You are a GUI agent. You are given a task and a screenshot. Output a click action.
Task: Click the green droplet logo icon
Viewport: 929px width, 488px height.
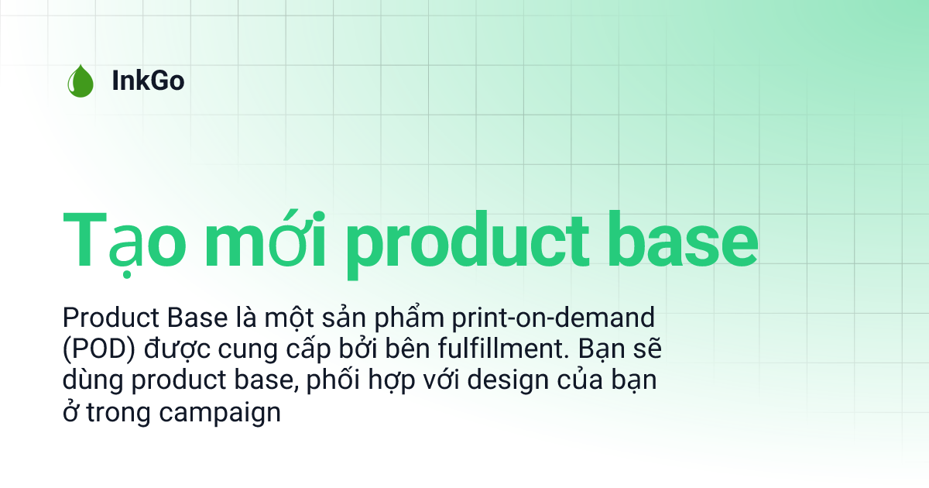click(80, 81)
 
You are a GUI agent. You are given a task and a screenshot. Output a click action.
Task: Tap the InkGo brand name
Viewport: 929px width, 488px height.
click(148, 81)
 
